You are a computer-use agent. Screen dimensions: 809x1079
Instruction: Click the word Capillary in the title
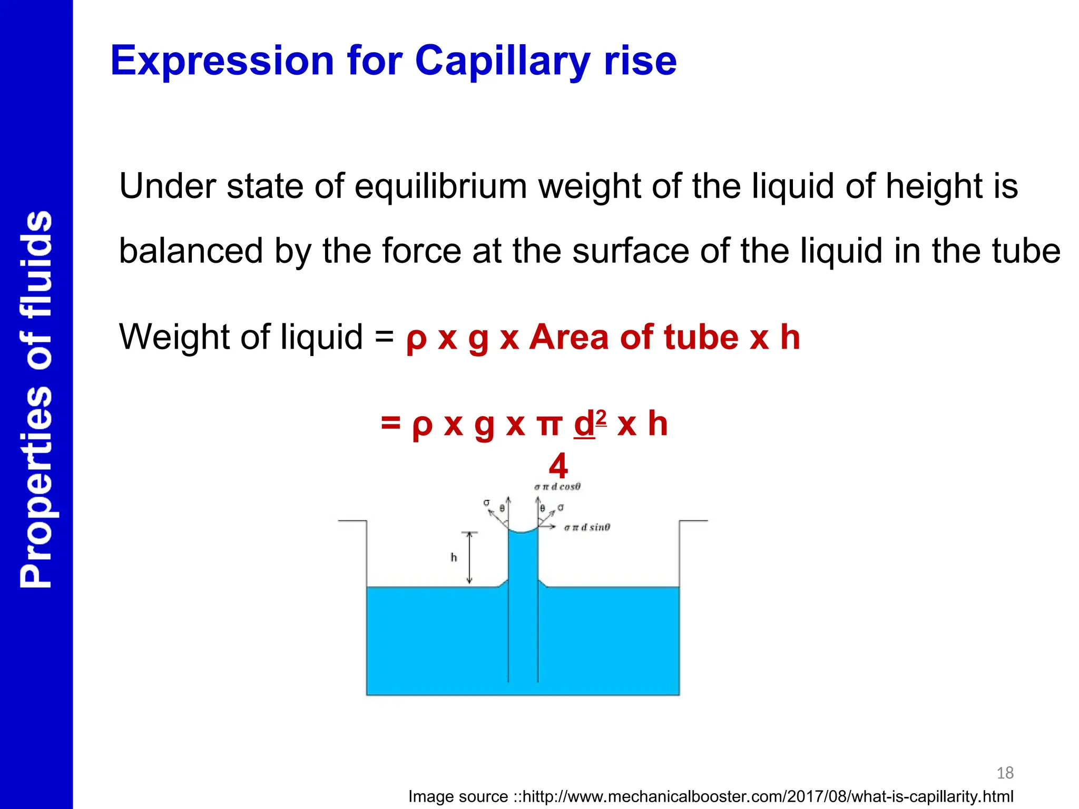click(503, 61)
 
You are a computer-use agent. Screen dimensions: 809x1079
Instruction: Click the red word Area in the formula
click(569, 337)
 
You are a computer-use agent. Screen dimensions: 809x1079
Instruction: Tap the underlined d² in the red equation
click(590, 424)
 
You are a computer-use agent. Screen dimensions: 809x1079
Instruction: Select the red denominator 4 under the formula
click(558, 466)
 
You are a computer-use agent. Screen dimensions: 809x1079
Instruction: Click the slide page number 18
click(1005, 773)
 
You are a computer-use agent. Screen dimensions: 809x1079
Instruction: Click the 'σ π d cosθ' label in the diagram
click(557, 487)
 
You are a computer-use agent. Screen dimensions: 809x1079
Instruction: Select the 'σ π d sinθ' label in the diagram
click(587, 527)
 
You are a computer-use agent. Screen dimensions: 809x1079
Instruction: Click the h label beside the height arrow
click(454, 557)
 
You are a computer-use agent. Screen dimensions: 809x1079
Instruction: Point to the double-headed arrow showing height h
click(469, 558)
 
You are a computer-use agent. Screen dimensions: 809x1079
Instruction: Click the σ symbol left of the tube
click(486, 503)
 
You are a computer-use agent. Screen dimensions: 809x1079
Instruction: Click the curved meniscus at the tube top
click(523, 531)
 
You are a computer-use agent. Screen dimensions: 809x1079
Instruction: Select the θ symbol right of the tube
click(542, 509)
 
